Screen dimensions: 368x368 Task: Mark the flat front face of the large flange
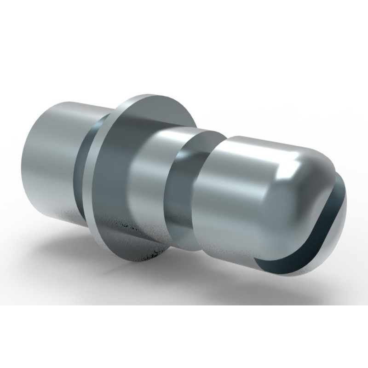click(115, 184)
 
